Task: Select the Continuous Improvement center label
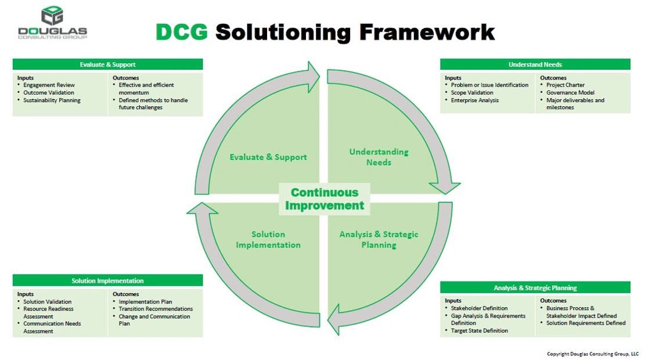click(325, 199)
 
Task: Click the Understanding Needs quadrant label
click(379, 157)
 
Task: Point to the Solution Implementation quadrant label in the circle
click(268, 239)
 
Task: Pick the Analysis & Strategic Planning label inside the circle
click(379, 239)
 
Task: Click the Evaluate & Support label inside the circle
click(268, 157)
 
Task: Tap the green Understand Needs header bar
click(535, 64)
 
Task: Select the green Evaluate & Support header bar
click(107, 64)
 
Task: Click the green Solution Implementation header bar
click(107, 280)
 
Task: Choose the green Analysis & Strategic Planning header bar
click(535, 287)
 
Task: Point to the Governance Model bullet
click(570, 92)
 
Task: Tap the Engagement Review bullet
click(49, 85)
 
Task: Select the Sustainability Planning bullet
click(52, 100)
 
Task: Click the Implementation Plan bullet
click(145, 302)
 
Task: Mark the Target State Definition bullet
click(479, 330)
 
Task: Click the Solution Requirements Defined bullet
click(586, 323)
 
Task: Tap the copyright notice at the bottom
click(592, 354)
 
